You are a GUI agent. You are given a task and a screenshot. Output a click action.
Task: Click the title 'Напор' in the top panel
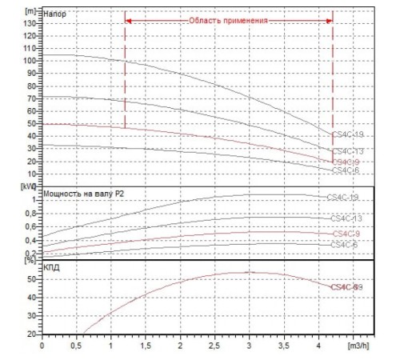(55, 14)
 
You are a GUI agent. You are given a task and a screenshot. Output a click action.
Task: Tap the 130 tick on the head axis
(31, 23)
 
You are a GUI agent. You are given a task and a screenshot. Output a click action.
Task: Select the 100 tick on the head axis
(31, 61)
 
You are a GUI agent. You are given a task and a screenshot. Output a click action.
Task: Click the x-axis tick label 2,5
(215, 347)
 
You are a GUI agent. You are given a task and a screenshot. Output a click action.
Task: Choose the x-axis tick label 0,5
(77, 347)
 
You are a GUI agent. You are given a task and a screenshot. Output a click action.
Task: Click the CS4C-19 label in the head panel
(347, 134)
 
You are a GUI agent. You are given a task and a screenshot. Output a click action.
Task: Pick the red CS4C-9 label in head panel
(347, 162)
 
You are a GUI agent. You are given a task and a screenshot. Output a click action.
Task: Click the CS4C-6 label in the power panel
(343, 244)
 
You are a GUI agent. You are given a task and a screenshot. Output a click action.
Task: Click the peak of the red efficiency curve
(250, 272)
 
